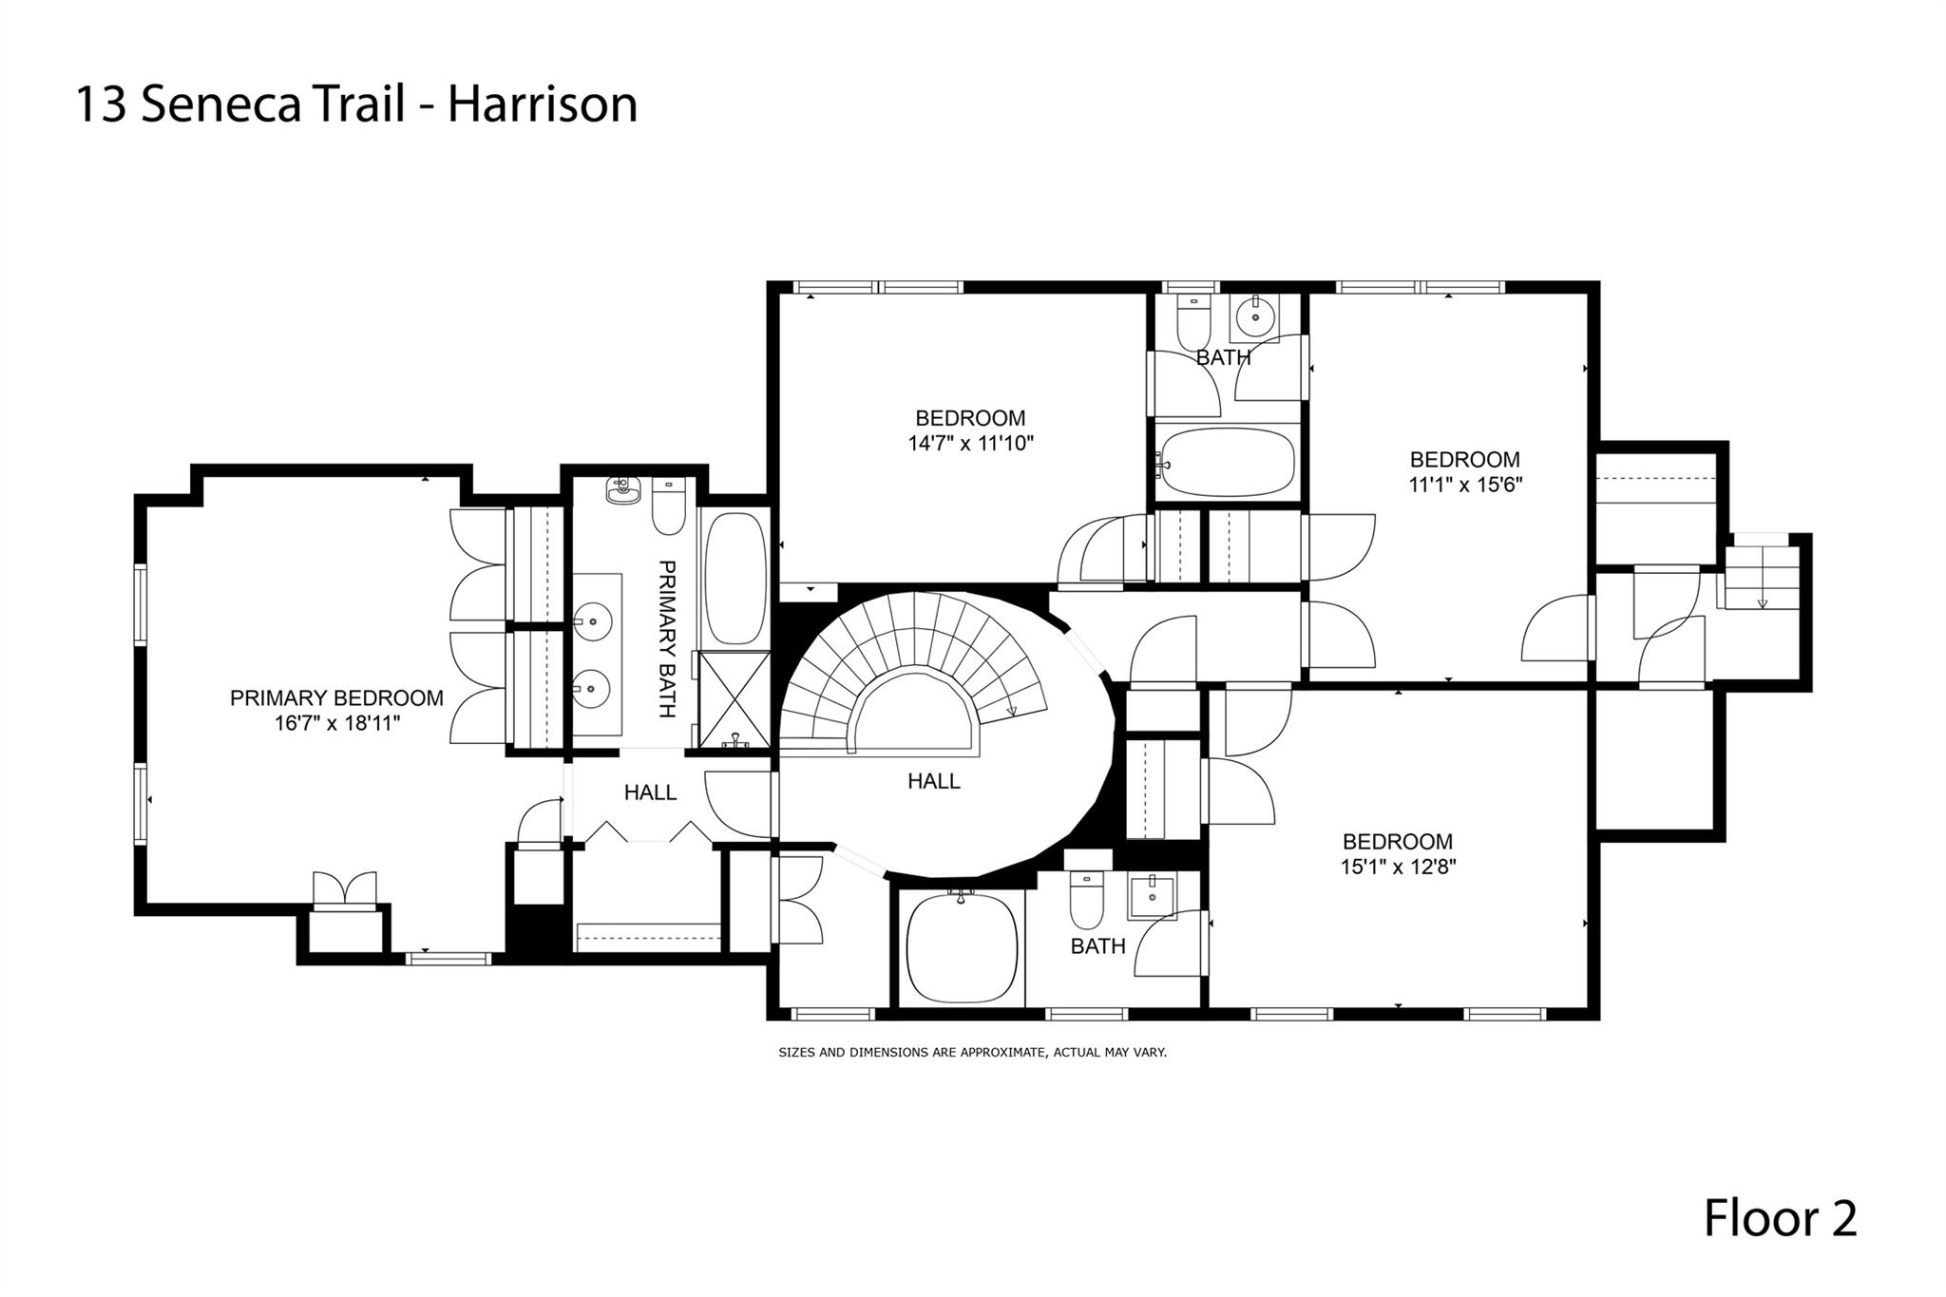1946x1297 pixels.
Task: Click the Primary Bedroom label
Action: (336, 698)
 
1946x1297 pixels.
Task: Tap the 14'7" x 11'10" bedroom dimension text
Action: (970, 443)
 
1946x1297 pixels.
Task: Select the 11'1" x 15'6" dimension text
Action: (1465, 485)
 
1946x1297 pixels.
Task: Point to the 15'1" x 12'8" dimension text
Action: (1397, 867)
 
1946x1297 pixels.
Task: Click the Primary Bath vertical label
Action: (668, 639)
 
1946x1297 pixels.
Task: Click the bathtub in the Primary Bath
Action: (735, 579)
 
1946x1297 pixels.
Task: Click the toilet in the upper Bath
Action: (1192, 323)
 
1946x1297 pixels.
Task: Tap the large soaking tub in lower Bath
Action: (960, 947)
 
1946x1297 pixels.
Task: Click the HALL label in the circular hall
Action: (934, 781)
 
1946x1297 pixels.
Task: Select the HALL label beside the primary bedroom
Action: (651, 792)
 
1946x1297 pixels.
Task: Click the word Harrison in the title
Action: (543, 105)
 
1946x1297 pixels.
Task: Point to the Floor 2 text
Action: (1780, 1219)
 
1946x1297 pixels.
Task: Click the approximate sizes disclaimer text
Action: (972, 1053)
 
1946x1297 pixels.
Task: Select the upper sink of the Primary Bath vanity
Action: (595, 620)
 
